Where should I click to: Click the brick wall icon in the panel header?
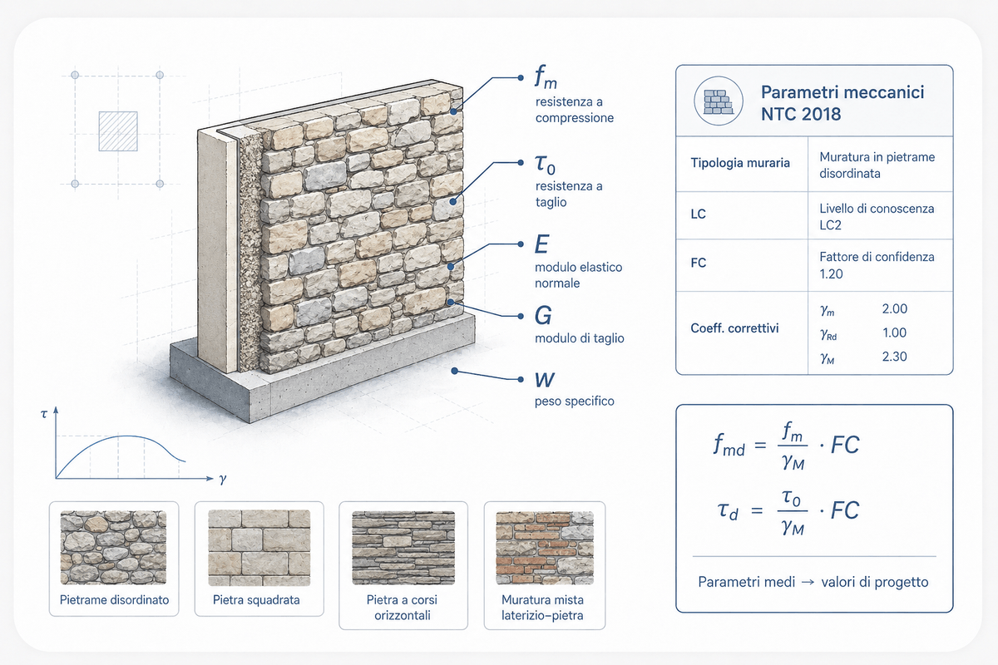click(719, 101)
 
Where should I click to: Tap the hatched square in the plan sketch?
click(118, 131)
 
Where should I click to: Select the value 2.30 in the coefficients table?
click(895, 357)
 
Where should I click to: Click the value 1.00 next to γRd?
click(895, 332)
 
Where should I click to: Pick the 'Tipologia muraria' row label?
click(740, 163)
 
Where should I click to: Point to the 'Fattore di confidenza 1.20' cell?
click(877, 265)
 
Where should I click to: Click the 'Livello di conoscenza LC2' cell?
click(877, 216)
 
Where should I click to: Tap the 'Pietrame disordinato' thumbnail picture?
click(114, 548)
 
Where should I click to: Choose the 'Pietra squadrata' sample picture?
click(259, 548)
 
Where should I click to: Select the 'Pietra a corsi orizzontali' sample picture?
click(403, 548)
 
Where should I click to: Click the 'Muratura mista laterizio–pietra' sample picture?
click(545, 548)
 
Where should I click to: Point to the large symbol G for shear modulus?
click(543, 315)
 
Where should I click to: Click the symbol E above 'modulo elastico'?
click(541, 244)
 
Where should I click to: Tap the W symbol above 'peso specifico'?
click(545, 380)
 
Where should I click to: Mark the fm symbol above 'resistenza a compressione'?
click(546, 76)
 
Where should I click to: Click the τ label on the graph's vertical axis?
click(43, 414)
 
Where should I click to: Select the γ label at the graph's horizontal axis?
click(223, 480)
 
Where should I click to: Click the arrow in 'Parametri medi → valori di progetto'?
click(808, 582)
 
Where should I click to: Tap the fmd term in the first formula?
click(729, 446)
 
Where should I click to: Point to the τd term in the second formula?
click(728, 510)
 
